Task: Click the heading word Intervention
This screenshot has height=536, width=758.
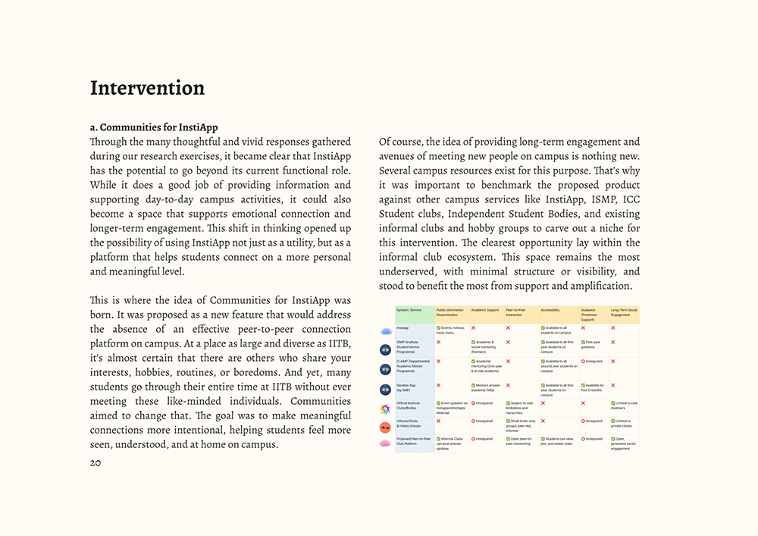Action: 147,88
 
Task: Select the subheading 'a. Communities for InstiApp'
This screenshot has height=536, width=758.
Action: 154,127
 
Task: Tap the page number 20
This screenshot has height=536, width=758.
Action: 95,462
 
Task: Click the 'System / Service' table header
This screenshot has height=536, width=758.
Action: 409,310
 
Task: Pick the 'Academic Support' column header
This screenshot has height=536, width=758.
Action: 485,310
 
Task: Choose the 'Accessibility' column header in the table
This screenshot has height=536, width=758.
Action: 551,310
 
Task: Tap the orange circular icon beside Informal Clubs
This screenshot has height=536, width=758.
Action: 385,428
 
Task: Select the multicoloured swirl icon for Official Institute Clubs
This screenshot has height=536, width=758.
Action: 385,409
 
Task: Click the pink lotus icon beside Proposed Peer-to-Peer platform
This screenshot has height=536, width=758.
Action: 385,443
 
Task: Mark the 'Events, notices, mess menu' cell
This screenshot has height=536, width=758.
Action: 451,331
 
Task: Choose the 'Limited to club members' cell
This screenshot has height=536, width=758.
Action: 624,406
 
